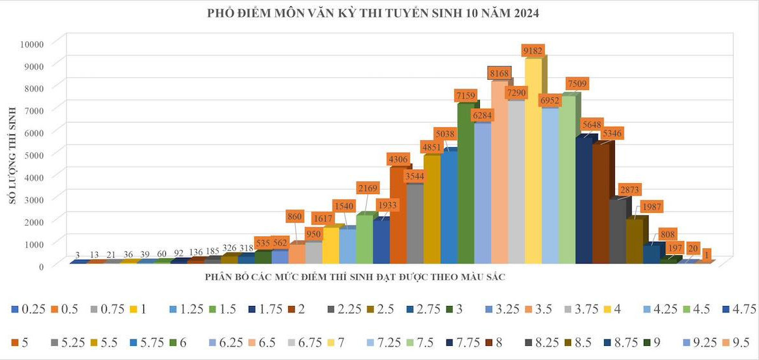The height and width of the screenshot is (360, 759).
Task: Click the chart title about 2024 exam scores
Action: (x=373, y=13)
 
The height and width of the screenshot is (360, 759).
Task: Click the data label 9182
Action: (x=533, y=51)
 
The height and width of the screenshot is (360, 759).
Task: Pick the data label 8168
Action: (x=499, y=73)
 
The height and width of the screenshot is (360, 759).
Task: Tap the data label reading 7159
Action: (x=465, y=96)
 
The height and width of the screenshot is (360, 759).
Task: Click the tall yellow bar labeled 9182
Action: (x=533, y=161)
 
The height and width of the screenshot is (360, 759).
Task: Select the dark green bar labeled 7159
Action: (x=465, y=186)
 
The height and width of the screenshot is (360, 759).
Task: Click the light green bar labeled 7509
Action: (x=567, y=180)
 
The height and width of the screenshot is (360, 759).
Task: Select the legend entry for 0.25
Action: (x=28, y=309)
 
